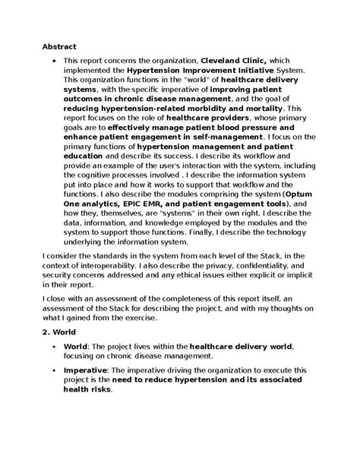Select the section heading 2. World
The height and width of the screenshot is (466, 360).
(x=62, y=332)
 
